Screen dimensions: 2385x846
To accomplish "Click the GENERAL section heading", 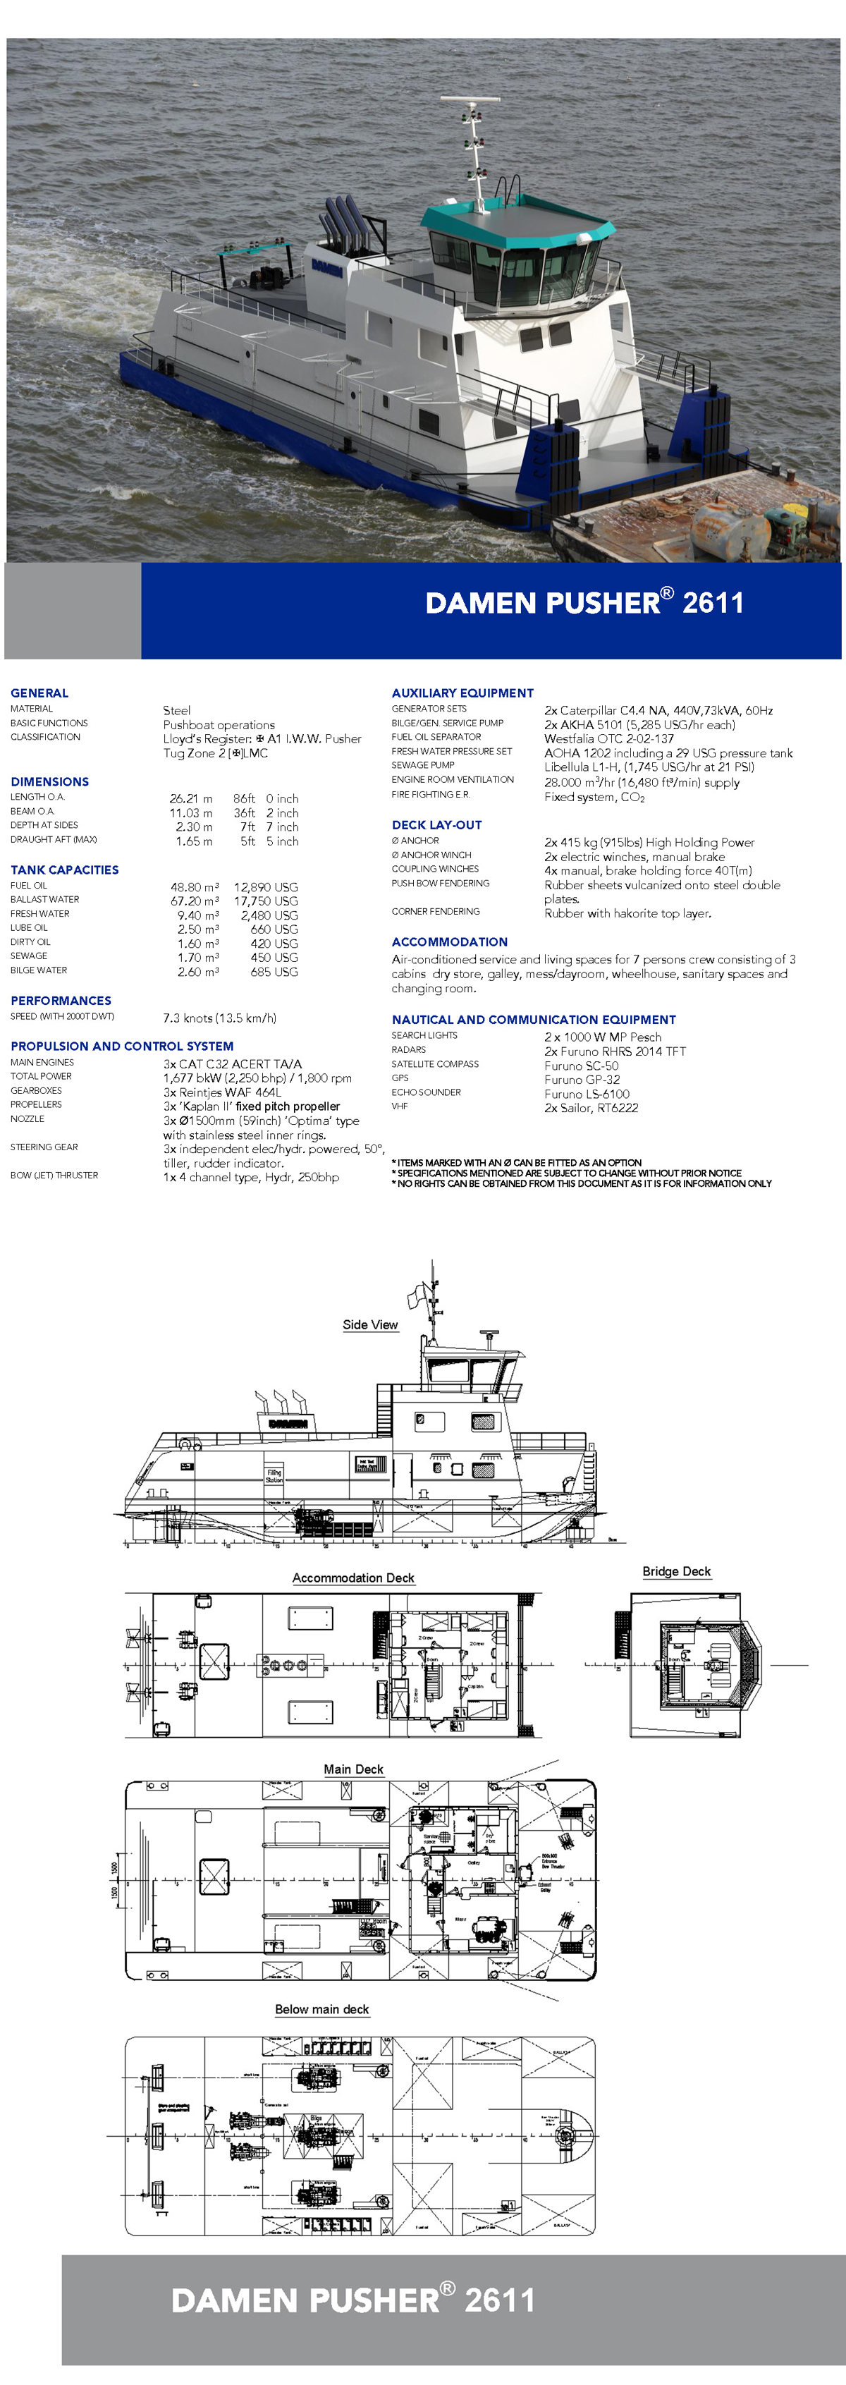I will coord(39,693).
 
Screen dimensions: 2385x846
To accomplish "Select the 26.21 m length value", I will coord(190,798).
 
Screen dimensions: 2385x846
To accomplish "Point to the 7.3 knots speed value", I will coord(219,1018).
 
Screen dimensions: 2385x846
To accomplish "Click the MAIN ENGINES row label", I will coord(42,1062).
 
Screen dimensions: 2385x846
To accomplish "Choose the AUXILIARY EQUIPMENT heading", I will coord(462,693).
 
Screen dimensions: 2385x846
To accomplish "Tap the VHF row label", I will coord(400,1106).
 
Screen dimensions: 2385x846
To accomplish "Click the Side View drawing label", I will coord(370,1325).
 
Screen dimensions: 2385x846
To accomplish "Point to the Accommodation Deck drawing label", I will coord(352,1578).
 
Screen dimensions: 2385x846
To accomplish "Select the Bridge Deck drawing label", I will coord(675,1571).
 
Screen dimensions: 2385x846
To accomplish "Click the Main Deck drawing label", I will coord(352,1769).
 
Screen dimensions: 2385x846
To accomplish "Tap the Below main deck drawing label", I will coord(321,2009).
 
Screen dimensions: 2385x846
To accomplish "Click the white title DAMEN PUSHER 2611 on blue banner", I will coord(583,603).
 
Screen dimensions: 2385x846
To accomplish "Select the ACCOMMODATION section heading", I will coord(449,941).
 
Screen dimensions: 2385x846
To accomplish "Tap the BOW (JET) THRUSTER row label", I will coord(54,1175).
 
